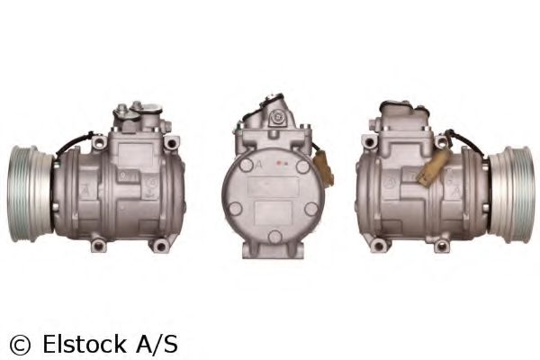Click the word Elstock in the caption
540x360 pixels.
pos(82,343)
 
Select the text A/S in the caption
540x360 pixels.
pos(157,343)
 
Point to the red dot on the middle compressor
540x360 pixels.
pos(280,165)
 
